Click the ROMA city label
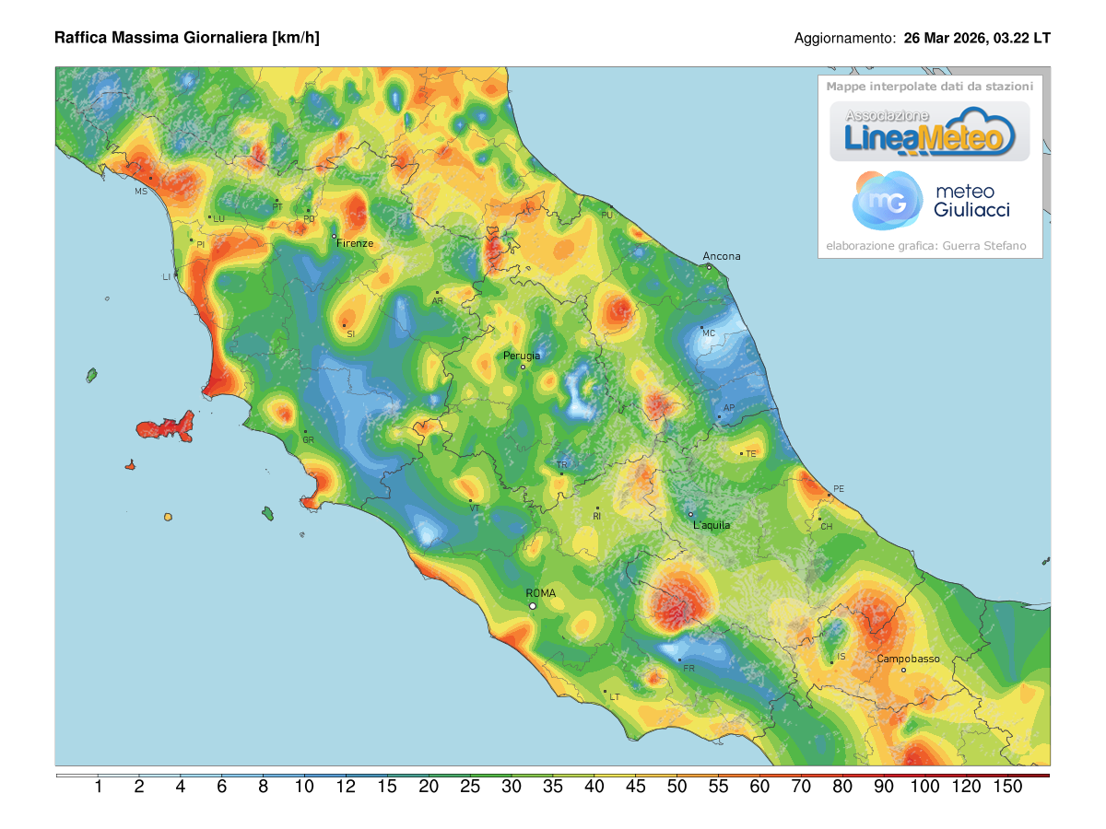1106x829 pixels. pos(540,593)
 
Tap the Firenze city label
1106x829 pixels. pos(355,243)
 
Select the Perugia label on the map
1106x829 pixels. pos(522,356)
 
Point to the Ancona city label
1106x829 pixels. pos(721,256)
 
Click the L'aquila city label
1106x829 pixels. pos(711,525)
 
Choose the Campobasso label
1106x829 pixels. pos(908,659)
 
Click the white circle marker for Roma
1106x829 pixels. pos(533,606)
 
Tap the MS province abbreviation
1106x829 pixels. pos(141,192)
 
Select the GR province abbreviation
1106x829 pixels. pos(308,440)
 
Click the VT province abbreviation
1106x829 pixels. pos(474,508)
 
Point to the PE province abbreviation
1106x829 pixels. pos(838,488)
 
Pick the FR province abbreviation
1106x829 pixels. pos(688,668)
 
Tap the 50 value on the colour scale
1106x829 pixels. pos(677,787)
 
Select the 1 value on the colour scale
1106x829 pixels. pos(98,787)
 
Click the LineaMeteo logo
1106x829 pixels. pos(929,131)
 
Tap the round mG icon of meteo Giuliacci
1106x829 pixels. pos(887,200)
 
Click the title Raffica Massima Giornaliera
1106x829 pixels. pos(187,38)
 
